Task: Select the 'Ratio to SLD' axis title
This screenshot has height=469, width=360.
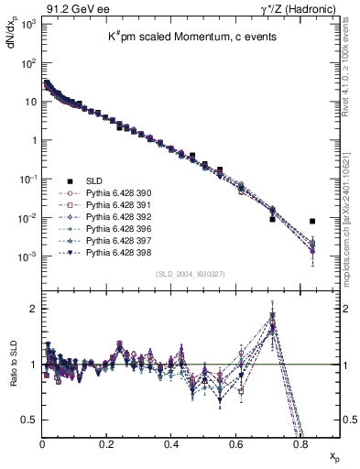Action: coord(11,378)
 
